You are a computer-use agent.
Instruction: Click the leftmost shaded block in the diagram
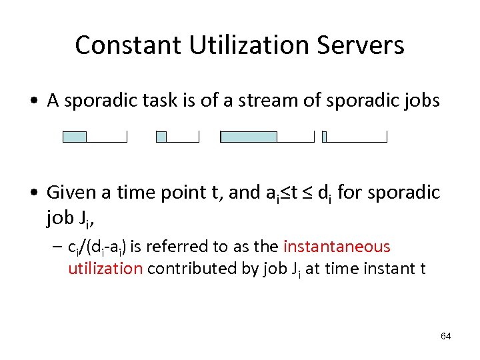click(x=75, y=137)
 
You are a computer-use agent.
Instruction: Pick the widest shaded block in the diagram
click(x=249, y=137)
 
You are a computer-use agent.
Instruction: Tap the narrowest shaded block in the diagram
click(x=324, y=137)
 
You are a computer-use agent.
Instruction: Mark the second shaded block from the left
click(x=161, y=137)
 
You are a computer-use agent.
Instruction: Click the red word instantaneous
click(x=337, y=247)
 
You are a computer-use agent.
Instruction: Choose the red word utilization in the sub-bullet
click(x=105, y=268)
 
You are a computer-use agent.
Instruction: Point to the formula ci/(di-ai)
click(x=97, y=247)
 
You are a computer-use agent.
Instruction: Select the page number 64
click(x=445, y=336)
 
